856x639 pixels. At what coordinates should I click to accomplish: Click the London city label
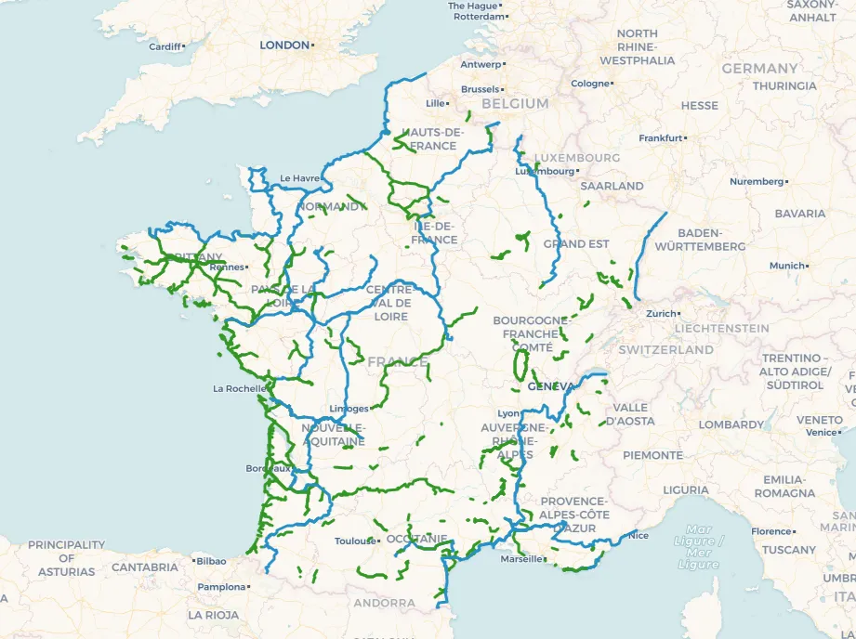(x=284, y=45)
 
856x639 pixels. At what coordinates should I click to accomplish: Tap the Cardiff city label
(x=165, y=46)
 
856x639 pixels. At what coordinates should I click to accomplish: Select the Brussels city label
(x=480, y=89)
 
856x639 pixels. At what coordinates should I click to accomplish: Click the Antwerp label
(x=481, y=64)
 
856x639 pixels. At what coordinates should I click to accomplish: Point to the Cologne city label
(x=589, y=84)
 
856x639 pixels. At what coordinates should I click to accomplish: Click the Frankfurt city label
(x=660, y=138)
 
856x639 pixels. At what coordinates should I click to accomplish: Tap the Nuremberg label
(x=757, y=182)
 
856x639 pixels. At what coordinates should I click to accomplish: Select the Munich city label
(x=786, y=266)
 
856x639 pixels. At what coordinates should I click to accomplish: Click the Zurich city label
(x=662, y=314)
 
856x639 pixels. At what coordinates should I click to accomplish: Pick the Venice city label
(x=821, y=432)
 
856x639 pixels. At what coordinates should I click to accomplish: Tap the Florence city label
(x=770, y=531)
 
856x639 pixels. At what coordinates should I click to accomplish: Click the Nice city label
(x=639, y=535)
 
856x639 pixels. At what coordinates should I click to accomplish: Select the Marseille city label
(x=520, y=559)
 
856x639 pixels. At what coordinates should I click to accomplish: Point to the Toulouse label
(x=354, y=541)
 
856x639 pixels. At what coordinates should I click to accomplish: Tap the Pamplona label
(x=221, y=587)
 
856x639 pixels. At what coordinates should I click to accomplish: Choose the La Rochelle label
(x=239, y=388)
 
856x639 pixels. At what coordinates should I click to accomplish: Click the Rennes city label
(x=227, y=267)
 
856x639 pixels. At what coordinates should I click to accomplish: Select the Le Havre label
(x=299, y=178)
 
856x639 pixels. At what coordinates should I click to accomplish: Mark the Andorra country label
(x=384, y=603)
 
